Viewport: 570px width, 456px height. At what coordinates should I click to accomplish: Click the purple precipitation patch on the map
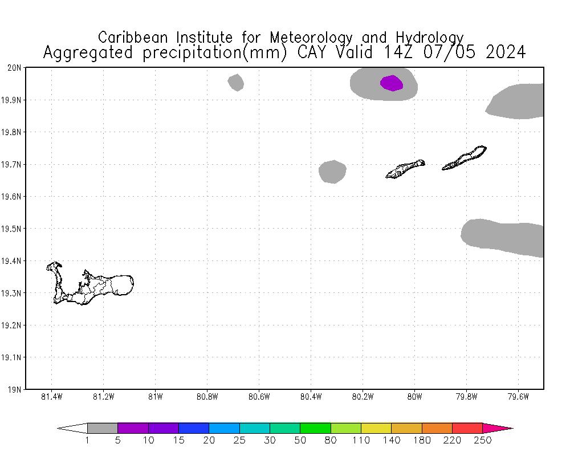point(392,83)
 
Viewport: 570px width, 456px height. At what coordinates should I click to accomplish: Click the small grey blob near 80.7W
point(236,83)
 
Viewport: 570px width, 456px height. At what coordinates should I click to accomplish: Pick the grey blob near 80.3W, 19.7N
point(332,172)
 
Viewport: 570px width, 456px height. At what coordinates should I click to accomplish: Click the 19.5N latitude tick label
point(13,229)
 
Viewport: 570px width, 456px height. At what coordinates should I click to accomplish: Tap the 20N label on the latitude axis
point(15,68)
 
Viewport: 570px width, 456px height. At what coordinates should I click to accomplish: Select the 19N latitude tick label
point(15,390)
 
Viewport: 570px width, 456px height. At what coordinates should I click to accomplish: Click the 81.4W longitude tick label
point(52,397)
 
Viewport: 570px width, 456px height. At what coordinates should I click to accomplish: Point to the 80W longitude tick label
point(414,397)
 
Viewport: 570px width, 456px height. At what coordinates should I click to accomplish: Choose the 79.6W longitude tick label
point(518,397)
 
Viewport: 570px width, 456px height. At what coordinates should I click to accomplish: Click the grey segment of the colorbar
point(103,428)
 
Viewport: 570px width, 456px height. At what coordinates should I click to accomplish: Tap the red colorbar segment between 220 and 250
point(467,428)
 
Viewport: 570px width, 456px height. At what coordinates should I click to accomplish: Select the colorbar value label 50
point(300,440)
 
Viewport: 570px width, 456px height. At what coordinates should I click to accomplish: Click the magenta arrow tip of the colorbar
point(499,428)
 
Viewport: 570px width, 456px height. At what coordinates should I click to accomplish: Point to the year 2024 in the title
point(506,52)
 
